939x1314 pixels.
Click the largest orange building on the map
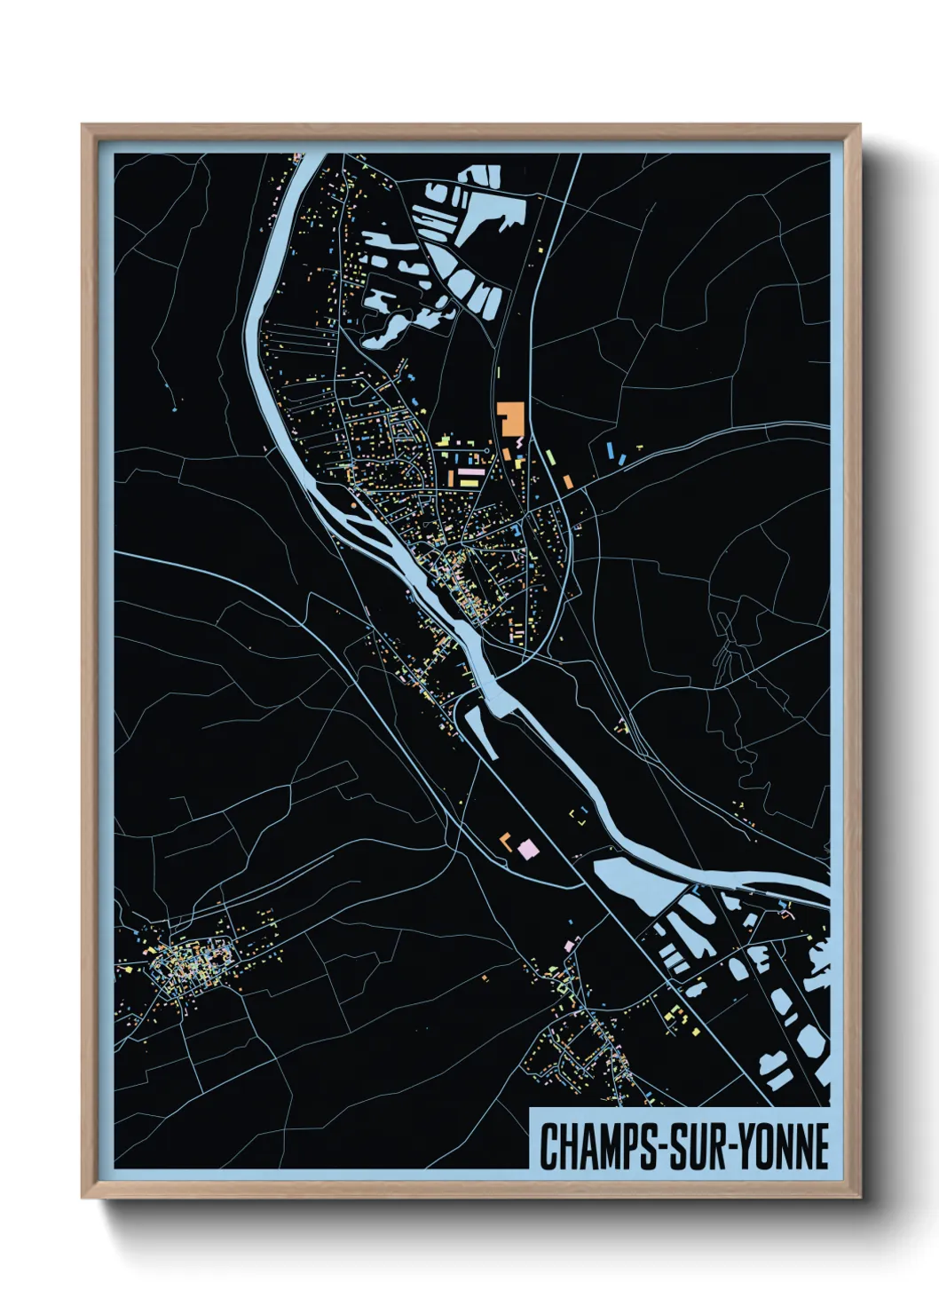(511, 417)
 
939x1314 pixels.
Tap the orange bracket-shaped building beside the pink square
(507, 841)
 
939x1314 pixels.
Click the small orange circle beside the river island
(353, 505)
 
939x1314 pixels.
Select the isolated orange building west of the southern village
(485, 978)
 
